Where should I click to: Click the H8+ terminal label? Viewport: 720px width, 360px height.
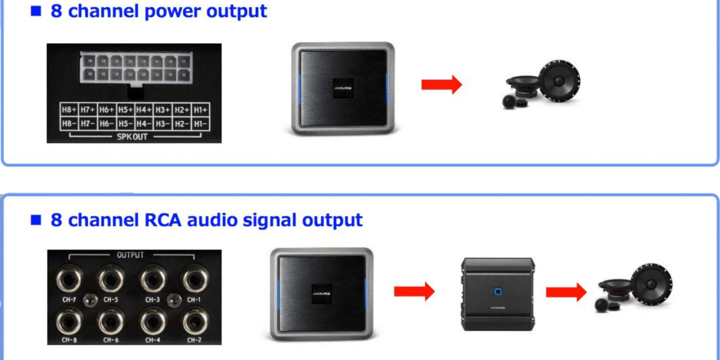pyautogui.click(x=69, y=109)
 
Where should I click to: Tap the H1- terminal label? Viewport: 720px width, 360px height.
pyautogui.click(x=199, y=123)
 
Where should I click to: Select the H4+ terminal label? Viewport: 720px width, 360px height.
pyautogui.click(x=143, y=109)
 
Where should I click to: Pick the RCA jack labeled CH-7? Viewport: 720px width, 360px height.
pyautogui.click(x=70, y=278)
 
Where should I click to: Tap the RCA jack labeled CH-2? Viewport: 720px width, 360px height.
pyautogui.click(x=193, y=322)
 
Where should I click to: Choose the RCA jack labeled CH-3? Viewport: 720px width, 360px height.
pyautogui.click(x=152, y=278)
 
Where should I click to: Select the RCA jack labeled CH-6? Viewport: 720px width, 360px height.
pyautogui.click(x=111, y=322)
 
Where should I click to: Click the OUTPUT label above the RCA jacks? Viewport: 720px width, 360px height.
pyautogui.click(x=130, y=255)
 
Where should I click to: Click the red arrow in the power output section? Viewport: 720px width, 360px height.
pyautogui.click(x=441, y=85)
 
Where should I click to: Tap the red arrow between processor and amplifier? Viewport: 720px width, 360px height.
pyautogui.click(x=414, y=291)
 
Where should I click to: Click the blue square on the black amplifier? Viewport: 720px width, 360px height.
pyautogui.click(x=497, y=291)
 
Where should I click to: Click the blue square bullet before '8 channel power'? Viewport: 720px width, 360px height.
pyautogui.click(x=36, y=11)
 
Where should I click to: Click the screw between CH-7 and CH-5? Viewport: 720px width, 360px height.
pyautogui.click(x=88, y=299)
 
